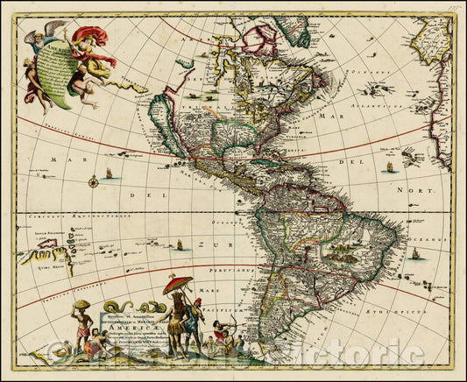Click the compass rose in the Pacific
coord(93,181)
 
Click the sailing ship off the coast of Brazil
coord(414,254)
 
